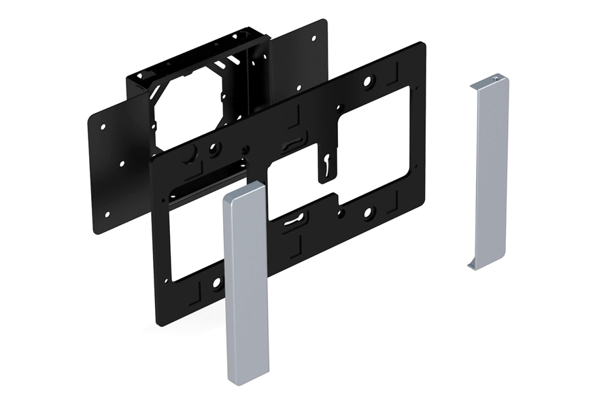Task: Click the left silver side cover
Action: coord(246,286)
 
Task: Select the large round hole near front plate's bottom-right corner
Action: coord(368,214)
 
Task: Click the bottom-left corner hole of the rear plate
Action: coord(106,214)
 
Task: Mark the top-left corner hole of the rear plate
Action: coord(103,126)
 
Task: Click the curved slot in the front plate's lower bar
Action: coord(294,218)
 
